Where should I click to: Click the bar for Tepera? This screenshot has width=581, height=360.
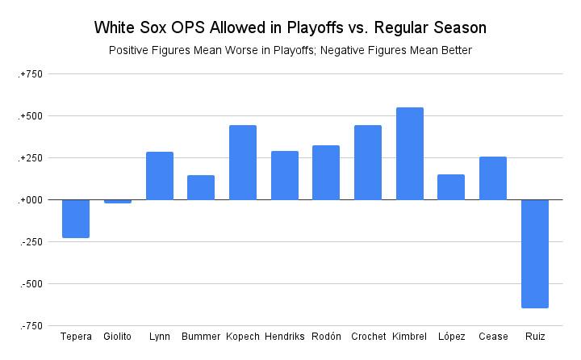(76, 218)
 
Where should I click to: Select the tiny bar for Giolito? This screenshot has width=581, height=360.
(118, 201)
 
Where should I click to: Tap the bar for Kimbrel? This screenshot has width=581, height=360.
(409, 153)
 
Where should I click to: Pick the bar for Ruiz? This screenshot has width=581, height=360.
(534, 253)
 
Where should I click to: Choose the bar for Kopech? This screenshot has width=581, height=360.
(243, 162)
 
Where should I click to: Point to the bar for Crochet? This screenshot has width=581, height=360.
(368, 162)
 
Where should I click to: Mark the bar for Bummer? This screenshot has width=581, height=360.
(201, 187)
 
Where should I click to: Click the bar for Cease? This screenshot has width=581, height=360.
(492, 178)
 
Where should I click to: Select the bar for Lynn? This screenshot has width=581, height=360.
(159, 175)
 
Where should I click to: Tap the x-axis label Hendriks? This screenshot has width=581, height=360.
(284, 336)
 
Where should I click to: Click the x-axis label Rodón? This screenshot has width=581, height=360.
(326, 336)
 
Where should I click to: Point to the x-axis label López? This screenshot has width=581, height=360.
(451, 336)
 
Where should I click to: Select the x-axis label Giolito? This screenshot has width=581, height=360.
(118, 336)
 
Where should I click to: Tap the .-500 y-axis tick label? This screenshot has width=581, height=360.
(31, 283)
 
